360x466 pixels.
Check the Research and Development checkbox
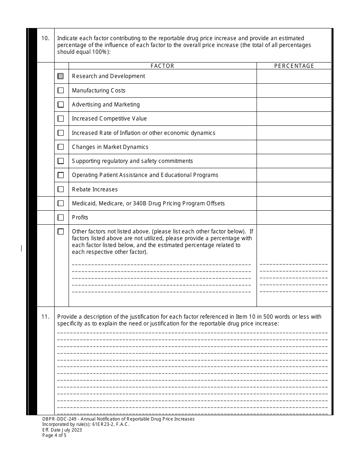click(61, 76)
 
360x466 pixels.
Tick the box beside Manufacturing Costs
click(61, 91)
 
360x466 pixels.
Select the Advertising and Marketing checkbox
click(61, 105)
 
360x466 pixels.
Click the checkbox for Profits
click(61, 217)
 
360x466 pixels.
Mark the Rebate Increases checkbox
click(61, 189)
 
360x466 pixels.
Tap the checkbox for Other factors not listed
click(61, 231)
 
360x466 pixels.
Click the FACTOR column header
click(162, 66)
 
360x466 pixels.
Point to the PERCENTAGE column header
click(294, 66)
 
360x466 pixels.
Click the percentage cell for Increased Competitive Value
click(294, 119)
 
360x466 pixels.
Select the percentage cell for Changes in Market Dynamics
click(294, 147)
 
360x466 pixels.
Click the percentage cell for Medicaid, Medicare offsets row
click(294, 203)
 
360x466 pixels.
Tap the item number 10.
click(45, 38)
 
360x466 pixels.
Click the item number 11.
click(45, 317)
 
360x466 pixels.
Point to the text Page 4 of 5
click(55, 435)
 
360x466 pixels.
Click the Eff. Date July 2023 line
click(62, 430)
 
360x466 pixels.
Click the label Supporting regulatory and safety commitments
click(132, 161)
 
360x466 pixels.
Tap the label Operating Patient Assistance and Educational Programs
click(145, 175)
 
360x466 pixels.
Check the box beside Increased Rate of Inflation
click(61, 133)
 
